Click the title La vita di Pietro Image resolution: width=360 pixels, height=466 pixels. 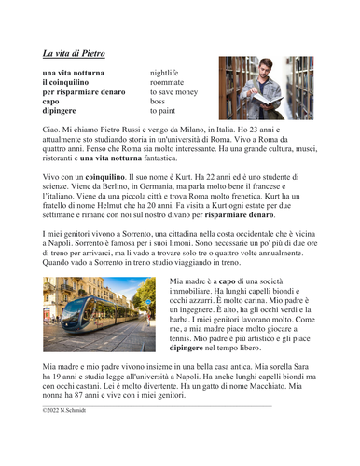click(x=74, y=53)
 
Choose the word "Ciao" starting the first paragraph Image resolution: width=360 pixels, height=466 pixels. click(x=52, y=132)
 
